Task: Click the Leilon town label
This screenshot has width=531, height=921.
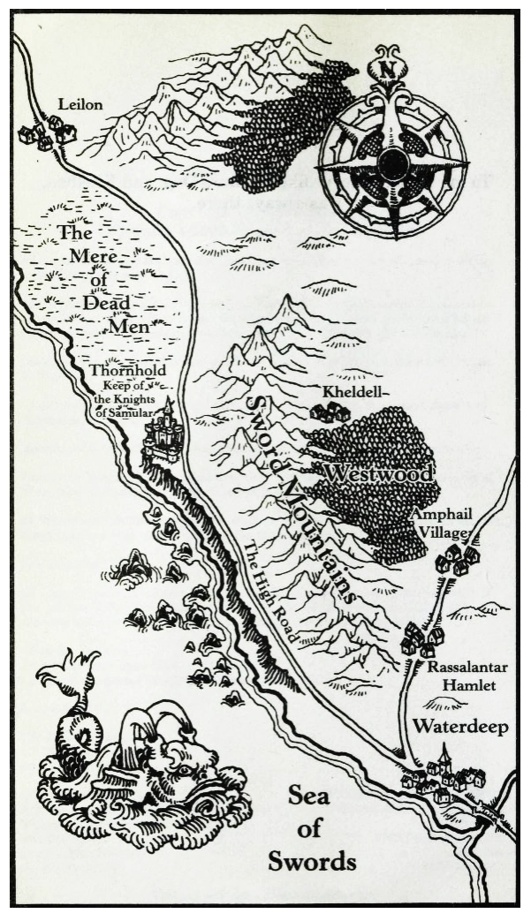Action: (x=80, y=105)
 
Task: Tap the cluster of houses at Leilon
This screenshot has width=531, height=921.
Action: (x=48, y=133)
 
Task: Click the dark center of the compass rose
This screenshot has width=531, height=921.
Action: (x=391, y=164)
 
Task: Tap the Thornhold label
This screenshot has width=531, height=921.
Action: (x=128, y=371)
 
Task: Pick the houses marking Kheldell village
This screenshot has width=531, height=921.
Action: (x=330, y=411)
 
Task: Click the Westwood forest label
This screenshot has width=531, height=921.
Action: (x=378, y=473)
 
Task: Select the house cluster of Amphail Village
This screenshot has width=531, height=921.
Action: (x=457, y=559)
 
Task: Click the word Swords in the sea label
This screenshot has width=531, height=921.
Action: (x=312, y=860)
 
